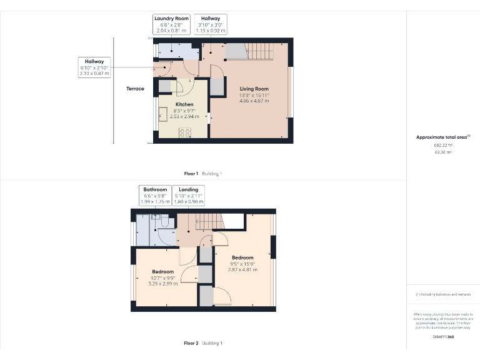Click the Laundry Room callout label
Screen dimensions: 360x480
171,19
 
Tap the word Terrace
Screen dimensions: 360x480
135,89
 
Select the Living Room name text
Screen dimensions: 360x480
254,89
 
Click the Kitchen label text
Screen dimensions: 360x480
184,104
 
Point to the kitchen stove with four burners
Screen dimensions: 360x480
185,132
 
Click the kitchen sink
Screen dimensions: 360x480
162,114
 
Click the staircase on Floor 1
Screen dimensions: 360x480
256,50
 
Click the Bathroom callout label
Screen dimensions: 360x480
155,189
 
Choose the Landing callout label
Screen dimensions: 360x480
188,189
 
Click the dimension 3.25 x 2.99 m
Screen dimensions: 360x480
162,283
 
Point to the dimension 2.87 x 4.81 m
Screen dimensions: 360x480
242,269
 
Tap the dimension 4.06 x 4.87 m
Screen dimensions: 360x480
254,101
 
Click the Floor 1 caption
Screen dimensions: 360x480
191,173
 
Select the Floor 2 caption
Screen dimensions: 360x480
191,343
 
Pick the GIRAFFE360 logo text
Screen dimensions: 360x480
442,337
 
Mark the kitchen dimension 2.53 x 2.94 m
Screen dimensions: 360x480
184,116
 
